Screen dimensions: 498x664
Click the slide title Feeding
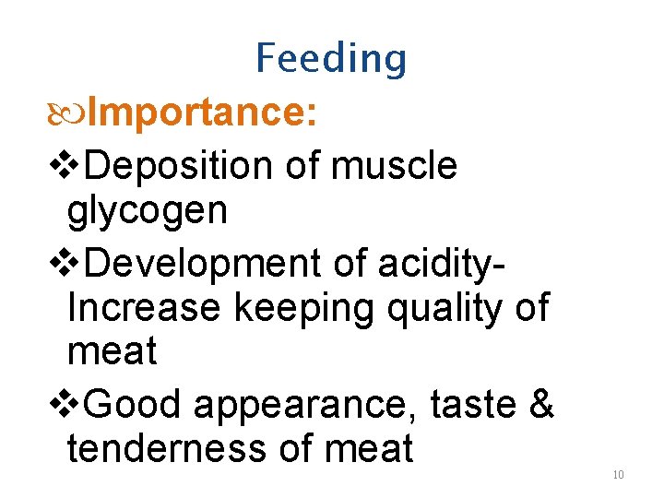tap(331, 59)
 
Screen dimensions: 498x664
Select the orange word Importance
tap(205, 113)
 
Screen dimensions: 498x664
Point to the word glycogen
tap(147, 212)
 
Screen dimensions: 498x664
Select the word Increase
tap(144, 308)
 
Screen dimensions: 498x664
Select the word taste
tap(473, 403)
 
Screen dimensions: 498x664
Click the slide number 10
tap(618, 475)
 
